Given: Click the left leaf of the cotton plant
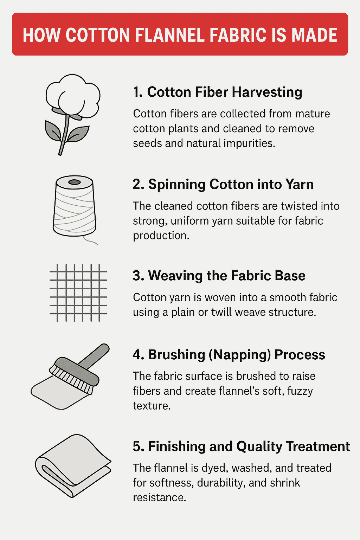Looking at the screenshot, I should pyautogui.click(x=53, y=131).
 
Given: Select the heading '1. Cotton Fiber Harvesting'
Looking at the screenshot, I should pyautogui.click(x=217, y=92).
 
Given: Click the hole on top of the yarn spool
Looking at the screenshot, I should pyautogui.click(x=75, y=182).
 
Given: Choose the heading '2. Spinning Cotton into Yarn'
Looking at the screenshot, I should pyautogui.click(x=223, y=184).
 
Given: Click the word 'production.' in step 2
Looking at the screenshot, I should pyautogui.click(x=161, y=236).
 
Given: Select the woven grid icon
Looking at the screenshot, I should pyautogui.click(x=78, y=292).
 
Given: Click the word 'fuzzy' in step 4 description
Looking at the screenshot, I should pyautogui.click(x=300, y=391).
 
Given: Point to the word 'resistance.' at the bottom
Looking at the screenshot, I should pyautogui.click(x=159, y=497).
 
